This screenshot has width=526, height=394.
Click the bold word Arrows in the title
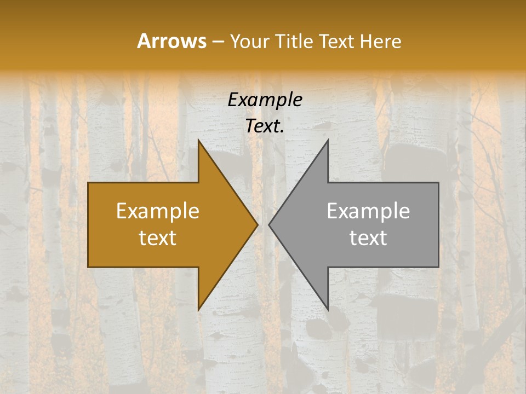click(x=171, y=41)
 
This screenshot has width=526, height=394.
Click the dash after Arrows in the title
click(x=218, y=42)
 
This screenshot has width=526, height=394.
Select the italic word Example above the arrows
click(x=265, y=100)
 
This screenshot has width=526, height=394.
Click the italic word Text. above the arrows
click(x=265, y=126)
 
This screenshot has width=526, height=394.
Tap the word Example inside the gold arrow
click(x=158, y=211)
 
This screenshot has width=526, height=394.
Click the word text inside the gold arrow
click(x=158, y=238)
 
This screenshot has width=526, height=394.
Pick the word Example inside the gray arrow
click(x=368, y=211)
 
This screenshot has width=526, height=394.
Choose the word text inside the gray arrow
click(x=368, y=238)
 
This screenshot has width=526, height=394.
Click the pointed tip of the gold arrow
click(x=258, y=224)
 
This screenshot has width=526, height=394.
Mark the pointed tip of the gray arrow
click(x=269, y=224)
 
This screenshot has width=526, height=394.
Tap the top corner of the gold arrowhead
click(x=198, y=140)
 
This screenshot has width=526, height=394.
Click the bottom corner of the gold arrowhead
click(x=198, y=310)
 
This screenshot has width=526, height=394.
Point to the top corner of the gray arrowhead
click(x=328, y=140)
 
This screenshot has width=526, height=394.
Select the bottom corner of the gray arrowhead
click(x=328, y=310)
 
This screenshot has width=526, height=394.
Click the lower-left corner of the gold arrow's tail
click(x=88, y=267)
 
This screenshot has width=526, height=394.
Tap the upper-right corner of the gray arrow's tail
click(x=438, y=183)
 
